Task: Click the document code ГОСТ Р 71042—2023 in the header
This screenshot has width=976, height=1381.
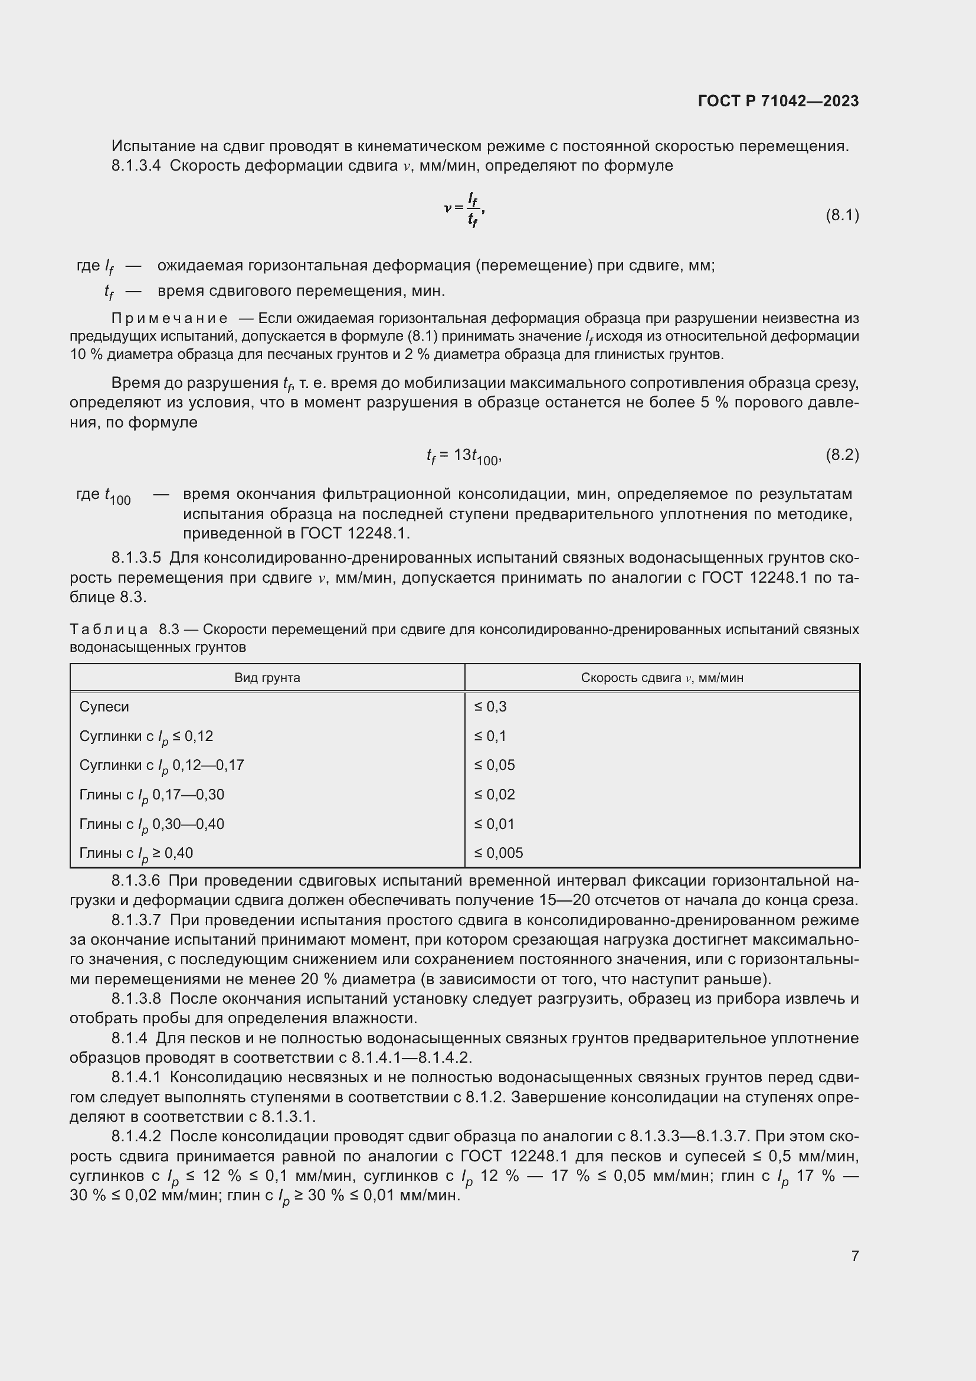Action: pos(778,101)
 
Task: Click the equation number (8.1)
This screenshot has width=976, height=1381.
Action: pos(842,215)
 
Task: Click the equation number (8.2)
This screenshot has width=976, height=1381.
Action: pos(842,455)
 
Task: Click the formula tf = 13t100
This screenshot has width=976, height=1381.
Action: pos(463,456)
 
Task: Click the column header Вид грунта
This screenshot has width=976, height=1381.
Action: pos(267,678)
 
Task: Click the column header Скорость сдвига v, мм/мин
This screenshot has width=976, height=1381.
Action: pos(661,678)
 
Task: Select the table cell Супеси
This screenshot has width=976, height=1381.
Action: pos(104,707)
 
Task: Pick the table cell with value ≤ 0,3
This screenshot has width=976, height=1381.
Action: pos(490,707)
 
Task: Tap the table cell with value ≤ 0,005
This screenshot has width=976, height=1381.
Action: pos(498,853)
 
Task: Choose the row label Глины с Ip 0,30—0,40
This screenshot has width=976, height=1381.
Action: pos(152,824)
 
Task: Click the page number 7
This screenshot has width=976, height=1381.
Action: pos(854,1256)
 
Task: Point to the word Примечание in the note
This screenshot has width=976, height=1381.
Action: pos(169,318)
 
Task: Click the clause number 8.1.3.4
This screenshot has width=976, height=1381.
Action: pos(136,166)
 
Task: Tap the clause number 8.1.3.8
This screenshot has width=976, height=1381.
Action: pos(136,999)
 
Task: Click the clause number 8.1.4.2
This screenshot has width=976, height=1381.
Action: pos(136,1136)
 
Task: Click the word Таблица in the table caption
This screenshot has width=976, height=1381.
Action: pos(109,630)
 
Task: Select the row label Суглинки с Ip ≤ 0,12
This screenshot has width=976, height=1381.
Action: pos(146,736)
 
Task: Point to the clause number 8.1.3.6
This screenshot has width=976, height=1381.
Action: pos(136,881)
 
